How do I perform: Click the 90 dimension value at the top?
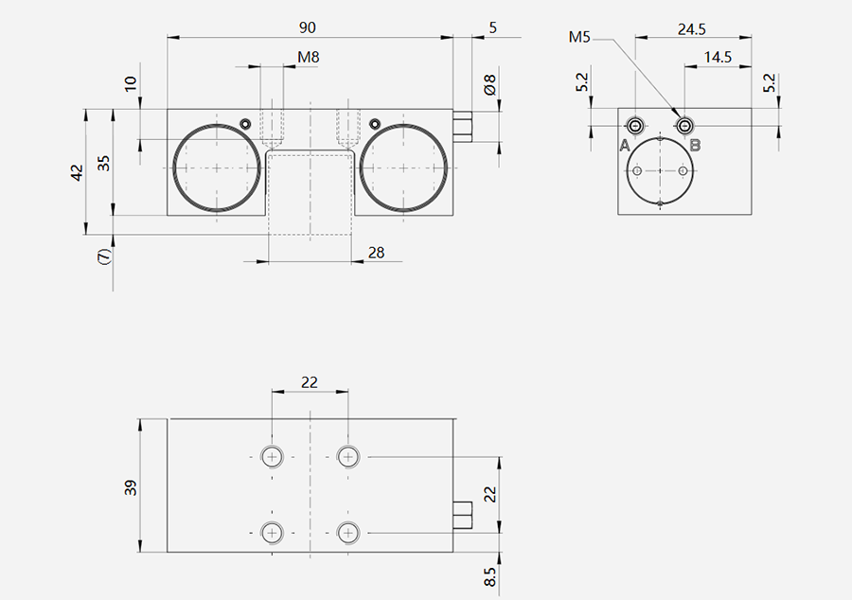[x=307, y=27]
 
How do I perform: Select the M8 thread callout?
[x=308, y=57]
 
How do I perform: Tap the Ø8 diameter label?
[x=489, y=85]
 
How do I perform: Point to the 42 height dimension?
[x=78, y=172]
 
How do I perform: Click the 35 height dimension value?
[x=103, y=164]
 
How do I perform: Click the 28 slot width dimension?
[x=376, y=253]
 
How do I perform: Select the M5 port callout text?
[x=579, y=37]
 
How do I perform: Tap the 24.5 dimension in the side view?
[x=692, y=29]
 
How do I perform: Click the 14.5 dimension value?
[x=718, y=57]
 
